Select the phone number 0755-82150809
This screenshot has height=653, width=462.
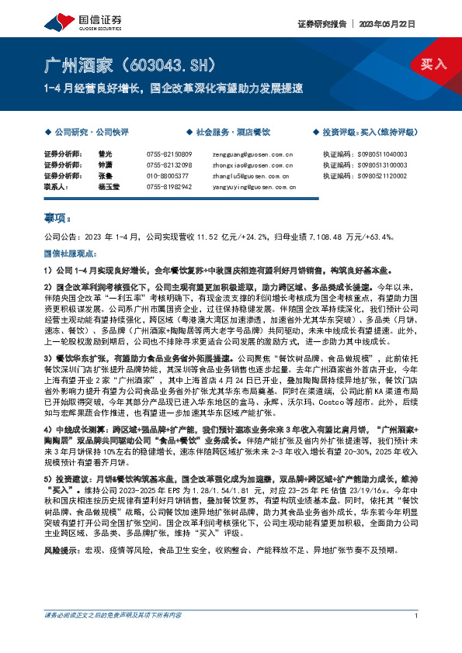[168, 154]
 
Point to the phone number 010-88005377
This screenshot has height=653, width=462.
[167, 176]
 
